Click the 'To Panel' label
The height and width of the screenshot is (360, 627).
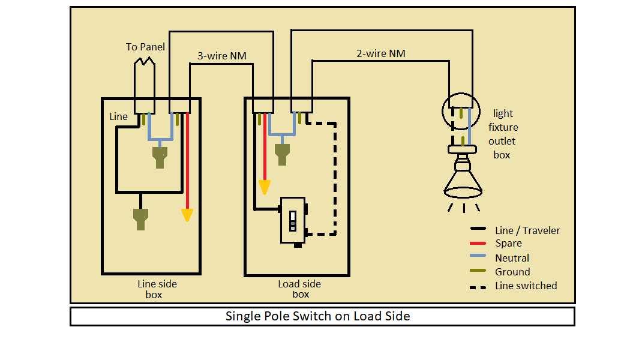(145, 47)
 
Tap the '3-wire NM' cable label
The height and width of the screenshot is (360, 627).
(221, 56)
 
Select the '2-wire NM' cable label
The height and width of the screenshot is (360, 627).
(380, 53)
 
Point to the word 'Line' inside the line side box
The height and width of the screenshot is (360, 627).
(118, 116)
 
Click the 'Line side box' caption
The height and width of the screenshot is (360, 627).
(157, 289)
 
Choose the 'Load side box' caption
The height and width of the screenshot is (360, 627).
(299, 289)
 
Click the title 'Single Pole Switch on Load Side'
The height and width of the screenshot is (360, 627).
(317, 316)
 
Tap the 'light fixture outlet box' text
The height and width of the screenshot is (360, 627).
(503, 134)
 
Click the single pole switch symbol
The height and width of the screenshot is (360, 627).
(294, 221)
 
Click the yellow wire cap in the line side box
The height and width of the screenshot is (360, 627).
(187, 215)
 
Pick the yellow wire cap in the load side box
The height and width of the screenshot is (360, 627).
(265, 187)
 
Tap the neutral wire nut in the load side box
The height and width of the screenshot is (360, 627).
(282, 154)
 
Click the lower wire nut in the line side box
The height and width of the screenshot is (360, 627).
(140, 219)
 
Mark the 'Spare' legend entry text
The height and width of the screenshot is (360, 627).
(508, 243)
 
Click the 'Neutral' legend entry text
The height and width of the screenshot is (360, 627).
(512, 258)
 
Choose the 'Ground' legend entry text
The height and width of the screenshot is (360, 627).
(512, 272)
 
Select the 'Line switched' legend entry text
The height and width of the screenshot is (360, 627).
(526, 286)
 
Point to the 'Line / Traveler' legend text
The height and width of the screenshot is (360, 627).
(527, 230)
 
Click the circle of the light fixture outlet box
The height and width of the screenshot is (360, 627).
(442, 111)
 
